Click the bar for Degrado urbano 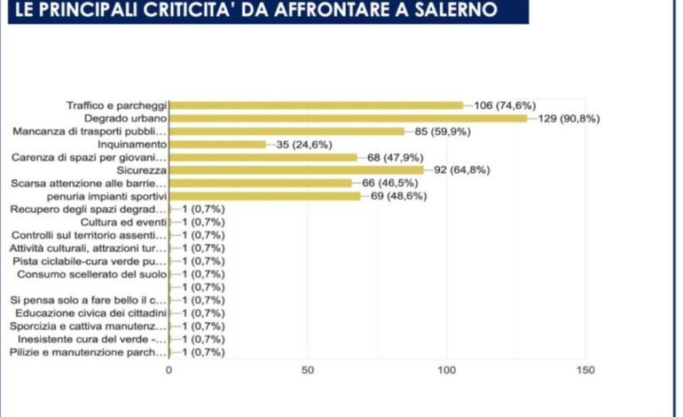(348, 118)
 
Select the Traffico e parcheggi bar (316, 105)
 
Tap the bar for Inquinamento (217, 144)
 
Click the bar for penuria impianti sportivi (264, 195)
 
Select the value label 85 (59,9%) (443, 131)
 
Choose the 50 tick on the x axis (307, 370)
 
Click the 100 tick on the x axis (446, 370)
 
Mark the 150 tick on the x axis (585, 370)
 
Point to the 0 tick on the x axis (169, 370)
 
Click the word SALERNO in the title (470, 11)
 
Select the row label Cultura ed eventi (123, 222)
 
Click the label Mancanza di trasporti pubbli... (90, 131)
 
